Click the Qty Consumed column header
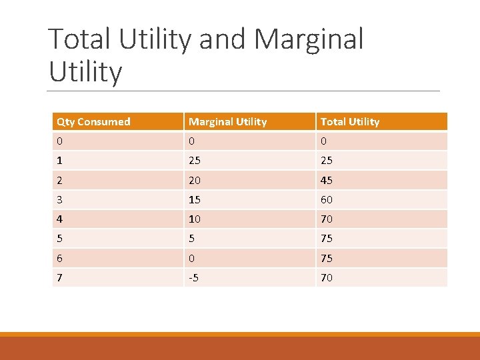(93, 121)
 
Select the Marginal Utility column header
(227, 121)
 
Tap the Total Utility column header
(350, 121)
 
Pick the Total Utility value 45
(327, 180)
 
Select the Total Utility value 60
(327, 199)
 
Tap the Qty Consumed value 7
(60, 277)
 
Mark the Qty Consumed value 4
(60, 219)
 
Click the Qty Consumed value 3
(60, 199)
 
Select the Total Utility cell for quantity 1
(327, 160)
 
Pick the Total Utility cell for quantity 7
(327, 277)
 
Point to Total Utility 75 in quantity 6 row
(327, 258)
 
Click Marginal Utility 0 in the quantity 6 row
(193, 258)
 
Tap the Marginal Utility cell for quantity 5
(193, 238)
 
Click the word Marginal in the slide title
(309, 39)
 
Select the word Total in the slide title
(80, 39)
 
